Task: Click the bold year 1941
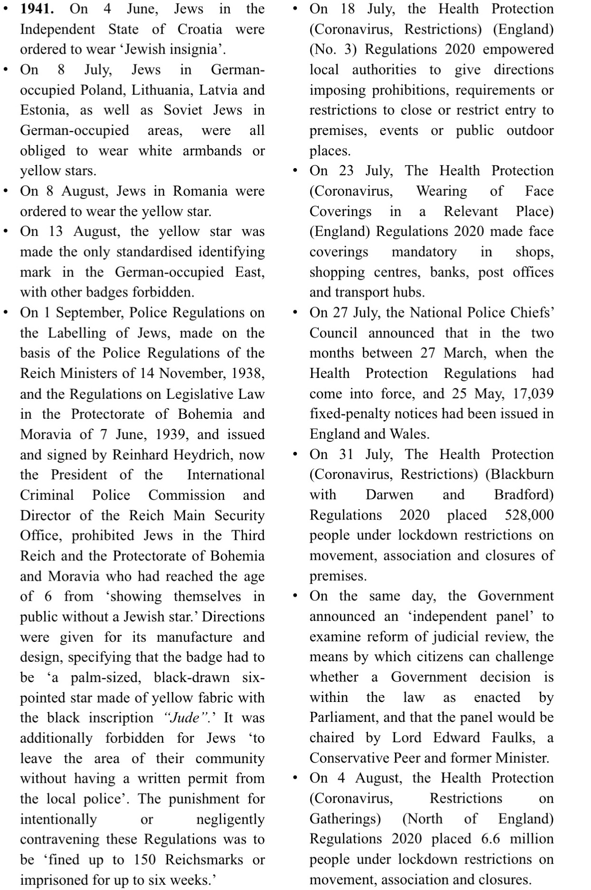(36, 9)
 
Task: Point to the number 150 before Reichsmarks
(144, 860)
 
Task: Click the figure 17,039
(532, 394)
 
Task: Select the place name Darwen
(389, 495)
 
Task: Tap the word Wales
(409, 434)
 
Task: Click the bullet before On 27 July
(295, 313)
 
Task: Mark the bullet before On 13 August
(6, 232)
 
